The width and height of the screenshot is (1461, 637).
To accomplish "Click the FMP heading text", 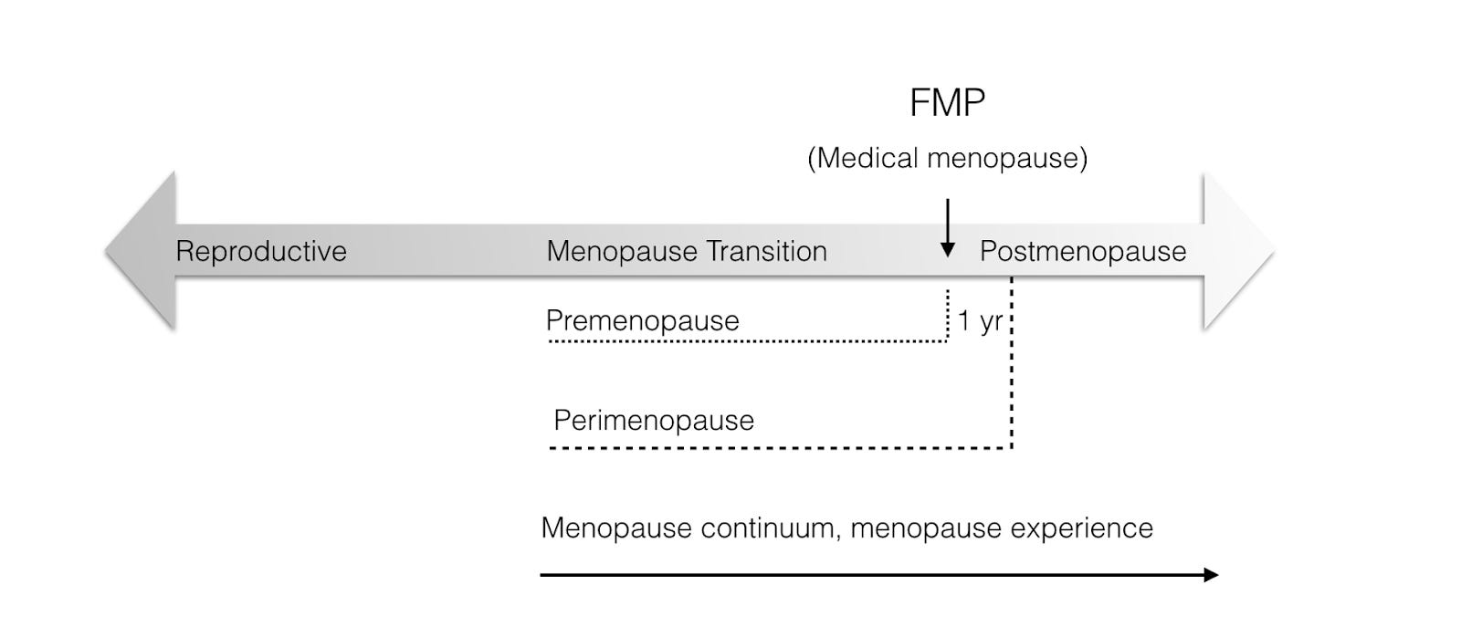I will [x=947, y=102].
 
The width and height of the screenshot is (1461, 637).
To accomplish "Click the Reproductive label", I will [x=261, y=251].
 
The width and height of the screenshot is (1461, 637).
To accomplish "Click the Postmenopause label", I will [x=1082, y=251].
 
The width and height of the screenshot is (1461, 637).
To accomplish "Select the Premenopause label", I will [x=642, y=320].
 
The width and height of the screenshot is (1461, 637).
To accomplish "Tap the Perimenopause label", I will [x=654, y=420].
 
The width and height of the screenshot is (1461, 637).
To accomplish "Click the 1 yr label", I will [x=980, y=321].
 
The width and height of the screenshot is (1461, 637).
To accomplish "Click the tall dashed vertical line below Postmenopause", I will [x=1012, y=383].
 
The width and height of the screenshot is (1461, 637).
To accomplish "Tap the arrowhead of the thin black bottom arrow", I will [x=1211, y=574].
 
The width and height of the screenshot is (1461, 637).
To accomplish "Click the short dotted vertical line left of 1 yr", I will [x=948, y=315].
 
